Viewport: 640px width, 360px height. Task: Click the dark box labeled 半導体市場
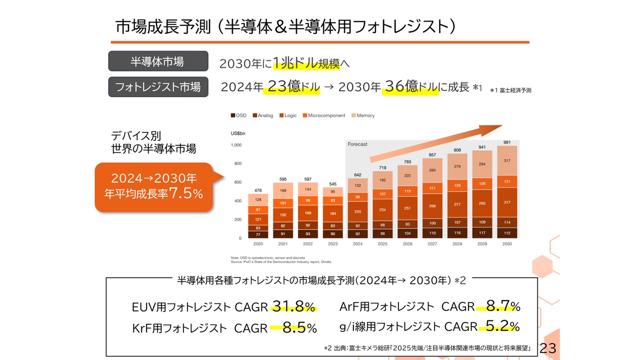[158, 61]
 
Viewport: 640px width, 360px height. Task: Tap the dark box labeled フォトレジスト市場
[158, 86]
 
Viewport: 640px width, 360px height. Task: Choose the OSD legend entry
[238, 115]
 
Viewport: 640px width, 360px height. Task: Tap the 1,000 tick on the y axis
[236, 145]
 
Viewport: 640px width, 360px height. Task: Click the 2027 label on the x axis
[432, 244]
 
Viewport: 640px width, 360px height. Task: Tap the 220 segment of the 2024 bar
[357, 211]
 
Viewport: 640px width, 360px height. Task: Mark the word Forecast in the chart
[357, 144]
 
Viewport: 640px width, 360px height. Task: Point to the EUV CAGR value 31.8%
[294, 306]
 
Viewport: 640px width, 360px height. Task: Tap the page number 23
[548, 348]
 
